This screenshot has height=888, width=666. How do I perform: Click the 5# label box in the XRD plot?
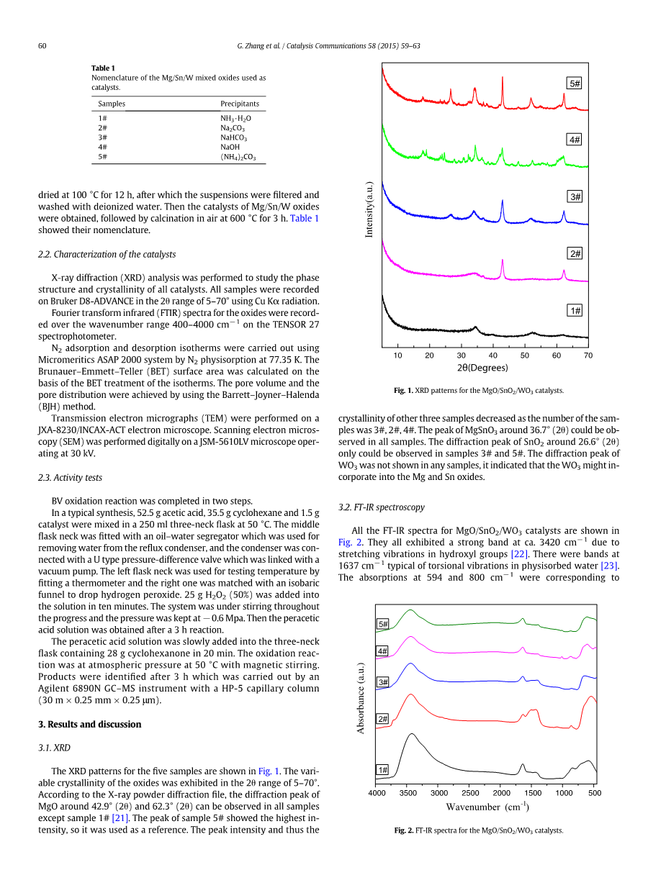575,83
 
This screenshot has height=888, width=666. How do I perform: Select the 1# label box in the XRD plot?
575,310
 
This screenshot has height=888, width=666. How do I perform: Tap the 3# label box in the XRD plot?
575,196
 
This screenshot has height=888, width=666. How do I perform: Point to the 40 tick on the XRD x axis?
493,355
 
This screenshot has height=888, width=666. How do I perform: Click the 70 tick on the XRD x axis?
588,355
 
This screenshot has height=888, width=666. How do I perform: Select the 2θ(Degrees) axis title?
482,368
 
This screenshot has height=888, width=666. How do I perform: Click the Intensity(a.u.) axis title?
369,209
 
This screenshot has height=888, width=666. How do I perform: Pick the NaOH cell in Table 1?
230,147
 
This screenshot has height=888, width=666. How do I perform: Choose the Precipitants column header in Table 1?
240,104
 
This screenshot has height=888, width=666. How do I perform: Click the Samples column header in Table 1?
112,104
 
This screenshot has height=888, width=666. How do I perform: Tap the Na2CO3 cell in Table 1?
233,127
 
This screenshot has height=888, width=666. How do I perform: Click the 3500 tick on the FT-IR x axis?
408,793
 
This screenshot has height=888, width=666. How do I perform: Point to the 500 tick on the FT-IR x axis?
595,793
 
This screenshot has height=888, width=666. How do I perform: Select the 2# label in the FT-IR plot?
383,718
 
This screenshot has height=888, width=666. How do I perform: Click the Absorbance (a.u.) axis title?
361,697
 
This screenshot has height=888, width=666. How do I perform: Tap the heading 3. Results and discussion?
90,724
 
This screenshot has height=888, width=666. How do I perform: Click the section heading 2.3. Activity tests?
70,477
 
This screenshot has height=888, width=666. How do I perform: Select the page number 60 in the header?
42,46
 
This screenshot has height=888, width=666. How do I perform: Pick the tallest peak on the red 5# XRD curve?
503,78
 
